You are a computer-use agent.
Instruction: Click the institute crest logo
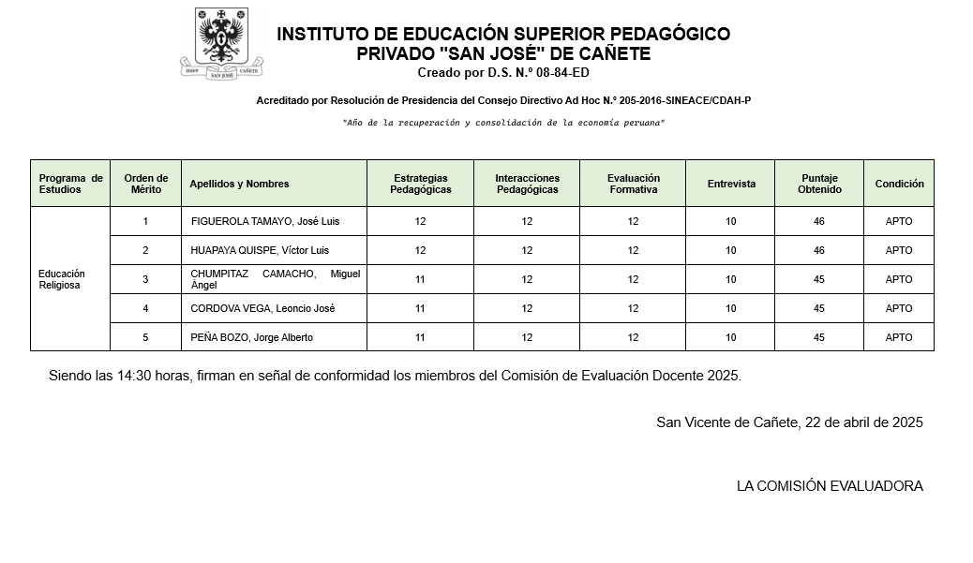point(221,43)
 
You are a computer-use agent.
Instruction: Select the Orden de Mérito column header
point(145,184)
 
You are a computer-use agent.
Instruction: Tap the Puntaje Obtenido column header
point(819,184)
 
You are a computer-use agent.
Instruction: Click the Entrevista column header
point(731,184)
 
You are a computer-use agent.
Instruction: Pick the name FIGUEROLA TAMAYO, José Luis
point(265,222)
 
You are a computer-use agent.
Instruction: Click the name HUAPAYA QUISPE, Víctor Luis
point(260,251)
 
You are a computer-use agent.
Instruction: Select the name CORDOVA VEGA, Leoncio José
point(262,309)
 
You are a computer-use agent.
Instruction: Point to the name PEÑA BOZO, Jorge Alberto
point(252,338)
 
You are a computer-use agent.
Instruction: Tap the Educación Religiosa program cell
point(61,279)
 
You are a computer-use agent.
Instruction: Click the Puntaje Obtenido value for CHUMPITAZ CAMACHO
point(819,280)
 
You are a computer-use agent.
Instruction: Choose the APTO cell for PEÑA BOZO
point(899,338)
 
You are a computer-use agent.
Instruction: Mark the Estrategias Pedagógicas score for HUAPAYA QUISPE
point(420,251)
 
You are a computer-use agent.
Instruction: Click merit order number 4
point(145,309)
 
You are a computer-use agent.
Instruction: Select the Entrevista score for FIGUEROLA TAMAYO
point(731,222)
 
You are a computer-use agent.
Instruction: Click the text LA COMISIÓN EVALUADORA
point(830,486)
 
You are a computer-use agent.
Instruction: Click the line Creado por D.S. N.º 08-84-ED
point(503,73)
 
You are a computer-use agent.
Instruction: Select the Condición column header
point(899,184)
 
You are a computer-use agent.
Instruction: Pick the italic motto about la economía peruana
point(503,123)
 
